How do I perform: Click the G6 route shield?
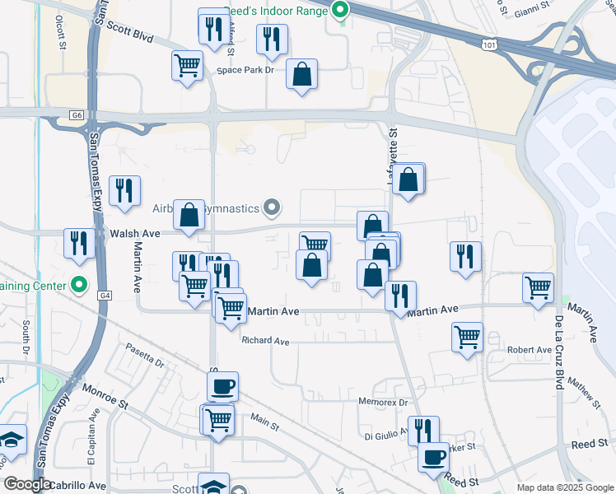tap(77, 114)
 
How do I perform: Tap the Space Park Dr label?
tap(245, 70)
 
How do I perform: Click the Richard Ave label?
tap(265, 340)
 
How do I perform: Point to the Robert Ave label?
tap(529, 350)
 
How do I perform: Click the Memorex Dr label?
tap(383, 403)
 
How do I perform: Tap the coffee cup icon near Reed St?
tap(433, 457)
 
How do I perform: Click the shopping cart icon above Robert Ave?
tap(467, 336)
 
